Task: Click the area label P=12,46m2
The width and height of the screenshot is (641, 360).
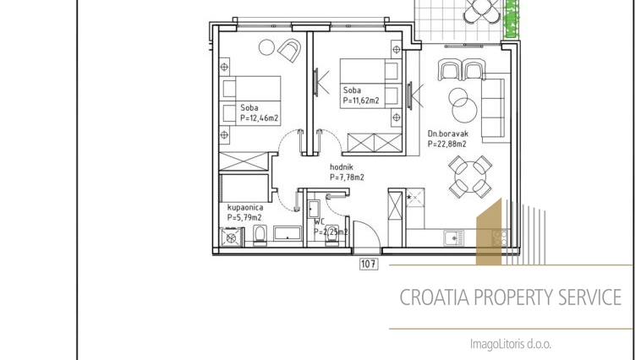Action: (259, 118)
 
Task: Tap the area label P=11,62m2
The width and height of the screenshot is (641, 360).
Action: (361, 101)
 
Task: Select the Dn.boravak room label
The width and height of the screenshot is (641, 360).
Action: (448, 134)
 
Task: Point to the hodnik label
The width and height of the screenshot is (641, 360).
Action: (342, 167)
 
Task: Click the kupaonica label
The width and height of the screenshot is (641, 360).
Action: (245, 208)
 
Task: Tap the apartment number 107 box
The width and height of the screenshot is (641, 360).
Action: (369, 264)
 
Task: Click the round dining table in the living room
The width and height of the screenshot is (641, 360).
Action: (470, 177)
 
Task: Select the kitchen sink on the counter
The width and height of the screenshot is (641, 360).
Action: (454, 237)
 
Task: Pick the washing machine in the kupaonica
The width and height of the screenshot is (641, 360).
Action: (231, 237)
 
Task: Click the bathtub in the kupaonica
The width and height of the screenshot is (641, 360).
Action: (288, 234)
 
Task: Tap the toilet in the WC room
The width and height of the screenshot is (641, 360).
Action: (331, 237)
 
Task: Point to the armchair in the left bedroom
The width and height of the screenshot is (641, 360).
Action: (290, 50)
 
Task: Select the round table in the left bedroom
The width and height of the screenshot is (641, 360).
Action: (266, 47)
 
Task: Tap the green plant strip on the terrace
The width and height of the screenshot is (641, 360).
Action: (512, 19)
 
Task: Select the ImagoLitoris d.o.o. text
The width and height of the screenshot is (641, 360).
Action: (511, 344)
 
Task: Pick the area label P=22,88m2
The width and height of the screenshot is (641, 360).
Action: (447, 145)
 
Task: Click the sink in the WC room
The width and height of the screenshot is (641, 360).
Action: (314, 209)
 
